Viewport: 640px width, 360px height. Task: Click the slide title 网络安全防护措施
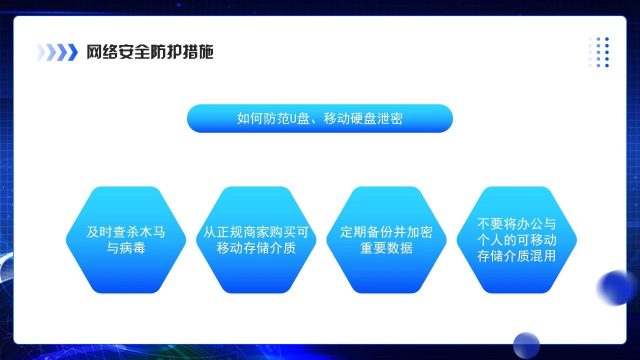pos(150,52)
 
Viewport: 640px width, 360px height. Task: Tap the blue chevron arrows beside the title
pos(57,52)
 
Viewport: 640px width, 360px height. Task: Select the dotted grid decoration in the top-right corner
pos(599,52)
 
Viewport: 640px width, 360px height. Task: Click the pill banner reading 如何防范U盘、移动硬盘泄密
pos(319,118)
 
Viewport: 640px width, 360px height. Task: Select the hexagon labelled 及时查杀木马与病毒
pos(125,240)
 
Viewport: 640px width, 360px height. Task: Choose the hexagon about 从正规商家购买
pos(256,240)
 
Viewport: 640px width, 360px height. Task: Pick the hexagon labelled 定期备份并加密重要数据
pos(386,240)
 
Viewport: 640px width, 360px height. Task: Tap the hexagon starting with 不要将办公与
pos(516,240)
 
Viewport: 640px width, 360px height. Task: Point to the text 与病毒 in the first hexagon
pos(125,248)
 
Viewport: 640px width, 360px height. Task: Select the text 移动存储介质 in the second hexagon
pos(256,248)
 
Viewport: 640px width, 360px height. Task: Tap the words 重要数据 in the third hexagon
pos(386,248)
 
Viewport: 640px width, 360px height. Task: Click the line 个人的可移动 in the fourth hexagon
pos(516,240)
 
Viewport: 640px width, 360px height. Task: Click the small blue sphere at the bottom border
pos(526,345)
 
